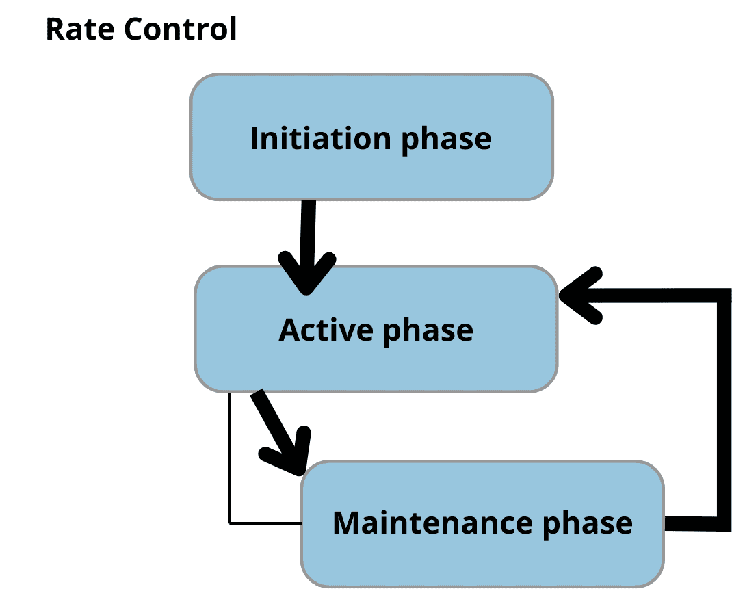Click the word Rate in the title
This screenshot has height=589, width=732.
(80, 29)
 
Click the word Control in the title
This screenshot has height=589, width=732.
(181, 29)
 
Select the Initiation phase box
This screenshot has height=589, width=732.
(371, 137)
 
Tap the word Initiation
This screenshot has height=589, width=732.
(320, 139)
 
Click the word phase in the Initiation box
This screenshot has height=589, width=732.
(446, 140)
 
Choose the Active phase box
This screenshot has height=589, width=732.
(376, 329)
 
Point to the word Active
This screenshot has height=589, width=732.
(326, 330)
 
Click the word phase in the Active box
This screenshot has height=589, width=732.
(428, 332)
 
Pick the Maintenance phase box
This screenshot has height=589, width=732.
(483, 523)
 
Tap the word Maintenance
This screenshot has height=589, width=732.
(432, 523)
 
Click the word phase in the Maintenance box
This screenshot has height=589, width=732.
(587, 525)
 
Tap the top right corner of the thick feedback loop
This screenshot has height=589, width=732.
(724, 296)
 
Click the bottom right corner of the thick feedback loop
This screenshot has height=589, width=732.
(724, 523)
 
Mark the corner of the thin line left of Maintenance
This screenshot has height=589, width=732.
(229, 523)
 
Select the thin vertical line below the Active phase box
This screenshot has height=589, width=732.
(229, 458)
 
